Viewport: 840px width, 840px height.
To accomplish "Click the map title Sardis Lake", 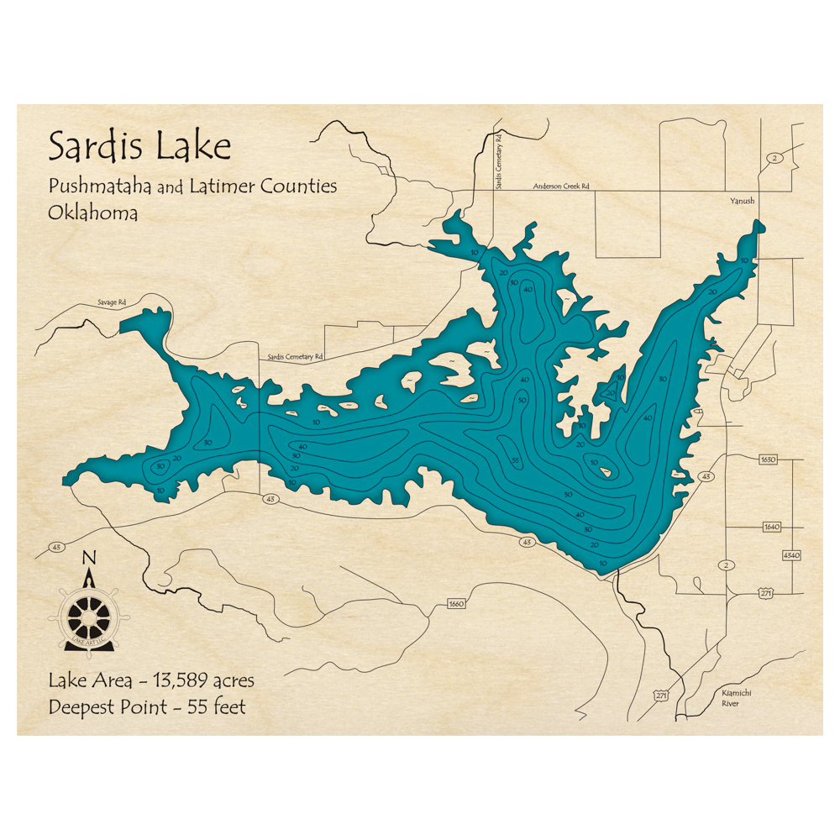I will point(139,147).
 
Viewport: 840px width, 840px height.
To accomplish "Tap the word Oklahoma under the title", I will point(93,213).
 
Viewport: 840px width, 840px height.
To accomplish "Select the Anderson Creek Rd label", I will point(561,186).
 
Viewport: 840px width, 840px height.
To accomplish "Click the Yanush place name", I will point(742,202).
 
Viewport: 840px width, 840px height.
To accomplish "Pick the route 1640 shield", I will point(772,527).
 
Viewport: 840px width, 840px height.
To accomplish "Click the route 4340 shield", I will point(791,555).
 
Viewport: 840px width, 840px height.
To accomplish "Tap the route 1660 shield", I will point(457,604).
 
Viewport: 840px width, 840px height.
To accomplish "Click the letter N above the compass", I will point(90,558).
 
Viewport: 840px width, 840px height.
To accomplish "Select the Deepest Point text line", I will point(148,707).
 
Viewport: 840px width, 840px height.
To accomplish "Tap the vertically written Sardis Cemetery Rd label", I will point(498,160).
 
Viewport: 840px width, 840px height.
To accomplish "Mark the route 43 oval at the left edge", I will point(57,548).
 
